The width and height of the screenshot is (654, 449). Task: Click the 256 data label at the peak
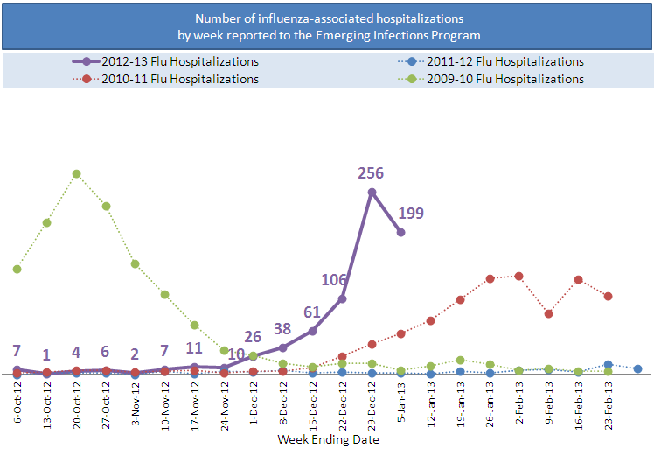point(372,173)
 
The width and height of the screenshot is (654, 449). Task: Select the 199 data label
point(412,213)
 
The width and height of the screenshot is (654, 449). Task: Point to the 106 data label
point(333,279)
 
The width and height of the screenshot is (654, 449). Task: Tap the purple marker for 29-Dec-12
point(372,193)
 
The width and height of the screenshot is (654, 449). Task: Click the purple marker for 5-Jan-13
point(401,232)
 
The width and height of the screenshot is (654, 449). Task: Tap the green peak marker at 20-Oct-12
point(77,173)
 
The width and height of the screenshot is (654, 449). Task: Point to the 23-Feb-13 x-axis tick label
point(609,404)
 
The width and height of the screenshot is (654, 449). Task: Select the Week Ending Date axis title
point(328,439)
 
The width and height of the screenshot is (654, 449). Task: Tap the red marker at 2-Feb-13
point(519,276)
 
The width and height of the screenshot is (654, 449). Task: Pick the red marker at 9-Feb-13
point(549,313)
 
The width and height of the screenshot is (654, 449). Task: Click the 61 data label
point(312,312)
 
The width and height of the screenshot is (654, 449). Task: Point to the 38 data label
point(282,329)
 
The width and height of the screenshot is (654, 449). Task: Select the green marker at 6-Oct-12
point(17,269)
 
